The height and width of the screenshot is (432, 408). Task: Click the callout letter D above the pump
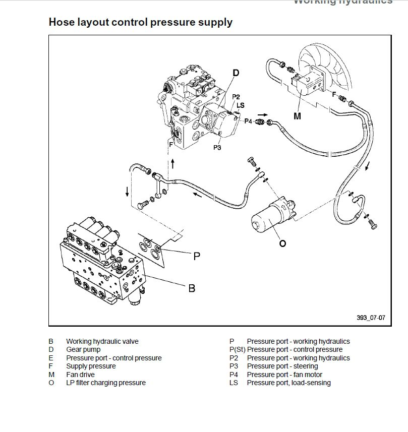pos(236,73)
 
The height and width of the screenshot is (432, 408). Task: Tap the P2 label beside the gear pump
pos(236,97)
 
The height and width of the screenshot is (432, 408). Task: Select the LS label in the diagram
pos(241,105)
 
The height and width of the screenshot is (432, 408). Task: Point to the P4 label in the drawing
pos(248,121)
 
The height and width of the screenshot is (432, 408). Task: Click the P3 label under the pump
pos(217,148)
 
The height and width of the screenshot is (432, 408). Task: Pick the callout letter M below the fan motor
pos(297,116)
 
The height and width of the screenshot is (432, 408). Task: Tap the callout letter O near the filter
pos(282,243)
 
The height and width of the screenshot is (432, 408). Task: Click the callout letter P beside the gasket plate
pos(197,256)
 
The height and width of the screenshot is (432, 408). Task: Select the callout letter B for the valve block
pos(192,288)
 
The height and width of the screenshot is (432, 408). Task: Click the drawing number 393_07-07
pos(371,318)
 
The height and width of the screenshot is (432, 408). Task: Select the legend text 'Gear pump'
pos(83,349)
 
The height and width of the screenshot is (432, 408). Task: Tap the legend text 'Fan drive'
pos(80,375)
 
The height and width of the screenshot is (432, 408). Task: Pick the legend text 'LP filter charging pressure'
pos(105,383)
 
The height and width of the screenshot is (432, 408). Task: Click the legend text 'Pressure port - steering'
pos(282,366)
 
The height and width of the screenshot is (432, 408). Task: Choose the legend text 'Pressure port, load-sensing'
pos(288,383)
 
